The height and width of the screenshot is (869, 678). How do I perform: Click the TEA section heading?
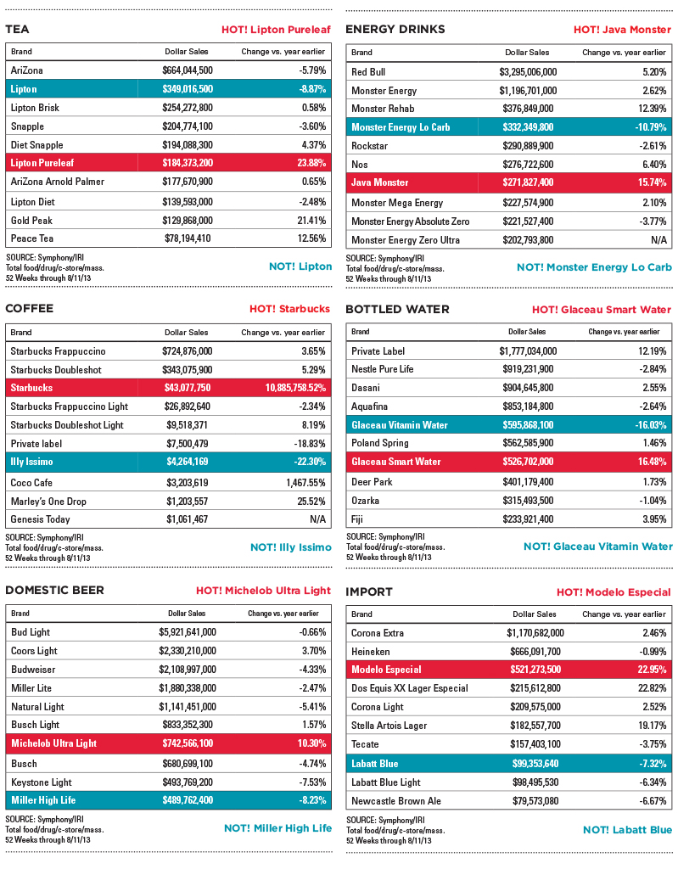click(x=17, y=30)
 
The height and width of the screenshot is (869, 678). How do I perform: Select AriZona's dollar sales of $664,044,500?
click(x=188, y=70)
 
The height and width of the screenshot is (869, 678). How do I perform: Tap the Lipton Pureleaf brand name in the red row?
click(x=42, y=163)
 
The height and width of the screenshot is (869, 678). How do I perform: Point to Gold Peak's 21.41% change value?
click(x=311, y=221)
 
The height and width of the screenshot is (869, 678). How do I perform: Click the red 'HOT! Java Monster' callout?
click(x=622, y=30)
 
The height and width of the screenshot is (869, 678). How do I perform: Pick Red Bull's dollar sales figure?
click(x=528, y=72)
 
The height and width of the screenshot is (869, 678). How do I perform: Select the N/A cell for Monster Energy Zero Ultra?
click(x=658, y=240)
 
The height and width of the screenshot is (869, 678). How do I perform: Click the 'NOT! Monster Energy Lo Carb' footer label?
click(x=594, y=267)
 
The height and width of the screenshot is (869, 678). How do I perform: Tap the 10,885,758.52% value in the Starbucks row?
click(x=295, y=388)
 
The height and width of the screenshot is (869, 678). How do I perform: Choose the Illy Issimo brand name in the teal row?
click(x=31, y=462)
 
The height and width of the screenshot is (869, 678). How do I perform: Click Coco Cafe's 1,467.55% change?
click(x=305, y=483)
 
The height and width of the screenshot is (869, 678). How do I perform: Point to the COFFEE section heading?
click(x=30, y=309)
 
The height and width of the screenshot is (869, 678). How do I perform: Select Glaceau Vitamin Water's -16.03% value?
click(x=650, y=425)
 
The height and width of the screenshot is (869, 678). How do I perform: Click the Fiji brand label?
click(x=357, y=519)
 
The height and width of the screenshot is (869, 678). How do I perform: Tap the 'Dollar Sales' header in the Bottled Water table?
click(x=527, y=332)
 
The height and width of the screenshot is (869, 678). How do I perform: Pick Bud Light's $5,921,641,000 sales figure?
click(x=188, y=632)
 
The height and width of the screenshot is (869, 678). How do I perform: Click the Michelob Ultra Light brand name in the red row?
click(x=53, y=743)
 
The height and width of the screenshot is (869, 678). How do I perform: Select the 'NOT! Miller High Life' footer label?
click(x=277, y=828)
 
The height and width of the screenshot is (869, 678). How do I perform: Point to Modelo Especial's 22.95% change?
click(x=652, y=670)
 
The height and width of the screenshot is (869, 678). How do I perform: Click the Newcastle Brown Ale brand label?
click(x=395, y=801)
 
